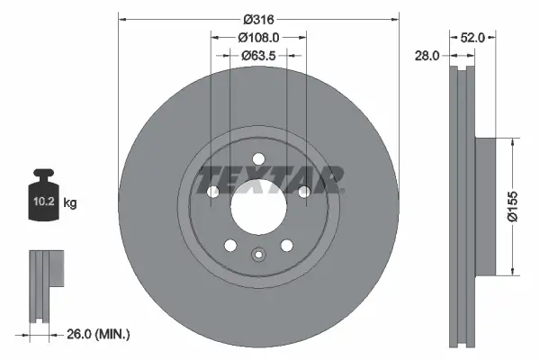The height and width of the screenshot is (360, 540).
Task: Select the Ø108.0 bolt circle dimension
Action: point(258,37)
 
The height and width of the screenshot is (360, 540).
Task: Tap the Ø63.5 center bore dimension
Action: point(258,56)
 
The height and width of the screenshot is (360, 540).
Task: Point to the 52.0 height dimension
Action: point(472,37)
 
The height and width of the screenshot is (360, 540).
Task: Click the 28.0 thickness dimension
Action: point(427,56)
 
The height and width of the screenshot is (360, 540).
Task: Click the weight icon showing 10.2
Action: point(46,193)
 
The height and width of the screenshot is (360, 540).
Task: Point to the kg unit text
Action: point(71,203)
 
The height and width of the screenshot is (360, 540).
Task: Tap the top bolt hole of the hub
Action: point(258,159)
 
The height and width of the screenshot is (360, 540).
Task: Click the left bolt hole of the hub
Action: point(212,193)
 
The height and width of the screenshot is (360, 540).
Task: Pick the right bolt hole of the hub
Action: point(304,192)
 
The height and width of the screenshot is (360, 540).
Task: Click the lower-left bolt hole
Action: point(230,246)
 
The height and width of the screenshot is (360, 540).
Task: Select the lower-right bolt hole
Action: point(286,246)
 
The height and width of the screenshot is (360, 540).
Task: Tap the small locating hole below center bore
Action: point(258,255)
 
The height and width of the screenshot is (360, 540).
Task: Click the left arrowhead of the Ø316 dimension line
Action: point(122,18)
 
